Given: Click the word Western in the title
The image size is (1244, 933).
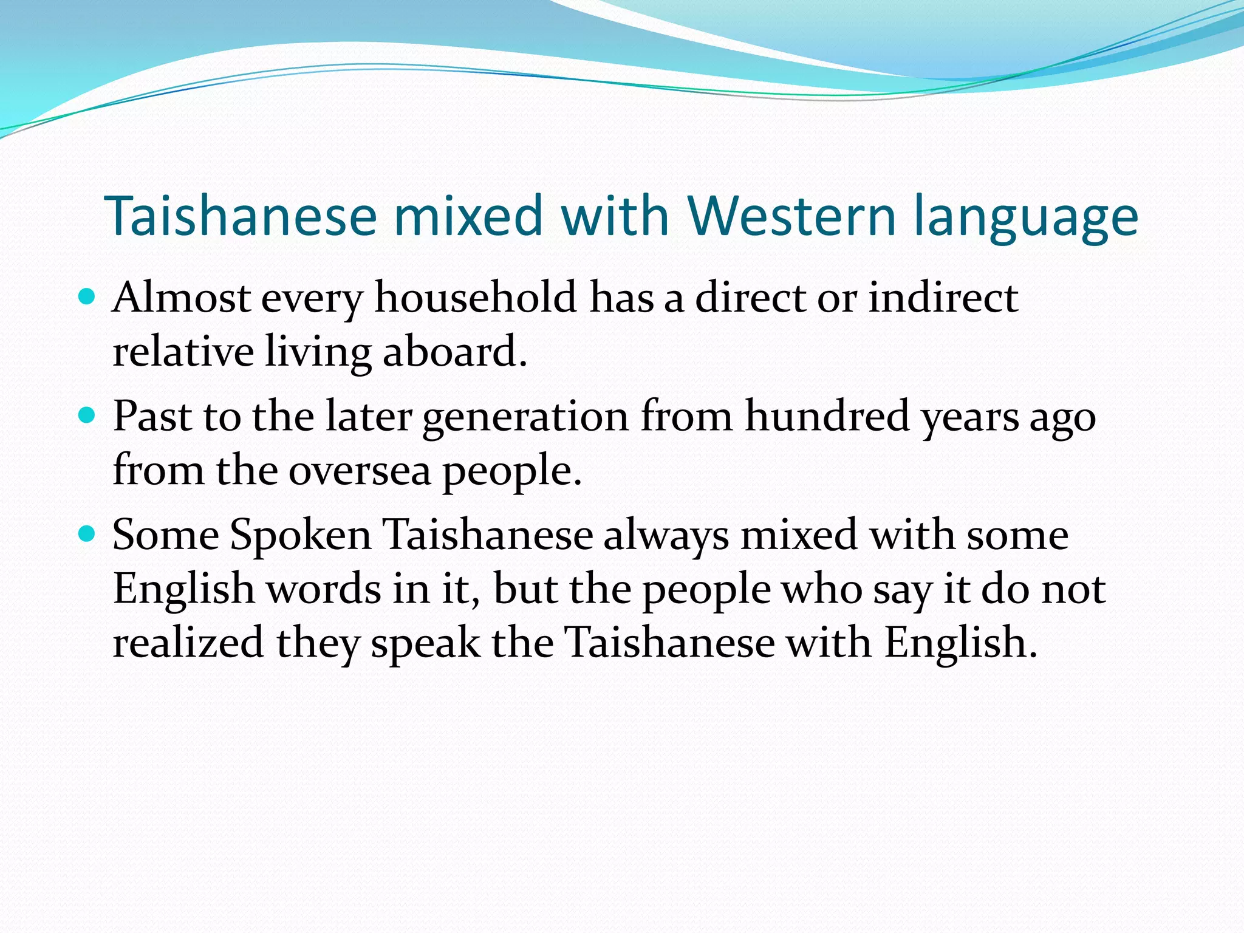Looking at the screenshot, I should (x=791, y=216).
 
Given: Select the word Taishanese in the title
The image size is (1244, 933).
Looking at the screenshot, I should (x=241, y=216).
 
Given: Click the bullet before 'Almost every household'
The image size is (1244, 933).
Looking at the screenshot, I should (x=87, y=297).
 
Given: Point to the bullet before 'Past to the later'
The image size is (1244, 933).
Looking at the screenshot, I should (x=87, y=415).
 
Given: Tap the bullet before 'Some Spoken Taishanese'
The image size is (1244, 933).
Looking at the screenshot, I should (x=87, y=534).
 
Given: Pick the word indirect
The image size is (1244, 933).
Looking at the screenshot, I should (x=943, y=298).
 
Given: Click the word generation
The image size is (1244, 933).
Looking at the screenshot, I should (x=525, y=418).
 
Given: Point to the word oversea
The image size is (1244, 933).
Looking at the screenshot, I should (x=359, y=471).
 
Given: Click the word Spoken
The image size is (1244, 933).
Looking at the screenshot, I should (x=301, y=536).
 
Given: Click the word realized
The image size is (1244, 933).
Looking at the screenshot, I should (x=188, y=643).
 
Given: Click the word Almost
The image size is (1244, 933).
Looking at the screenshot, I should (x=181, y=298).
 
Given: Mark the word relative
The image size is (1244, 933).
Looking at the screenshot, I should (x=183, y=352).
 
